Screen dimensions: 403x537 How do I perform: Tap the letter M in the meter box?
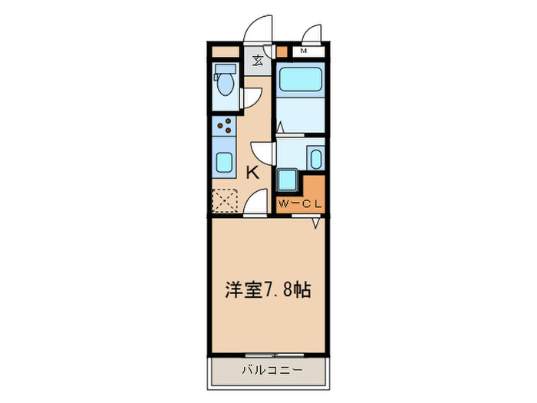[x=305, y=51]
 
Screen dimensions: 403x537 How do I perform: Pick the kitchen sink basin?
[x=226, y=162]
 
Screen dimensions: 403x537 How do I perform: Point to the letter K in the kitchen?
[x=252, y=173]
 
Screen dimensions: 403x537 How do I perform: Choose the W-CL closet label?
[x=301, y=203]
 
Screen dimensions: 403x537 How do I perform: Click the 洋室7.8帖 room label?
[x=267, y=290]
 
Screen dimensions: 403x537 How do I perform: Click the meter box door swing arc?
[x=311, y=35]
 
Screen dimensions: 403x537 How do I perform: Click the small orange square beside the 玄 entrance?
[x=281, y=52]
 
